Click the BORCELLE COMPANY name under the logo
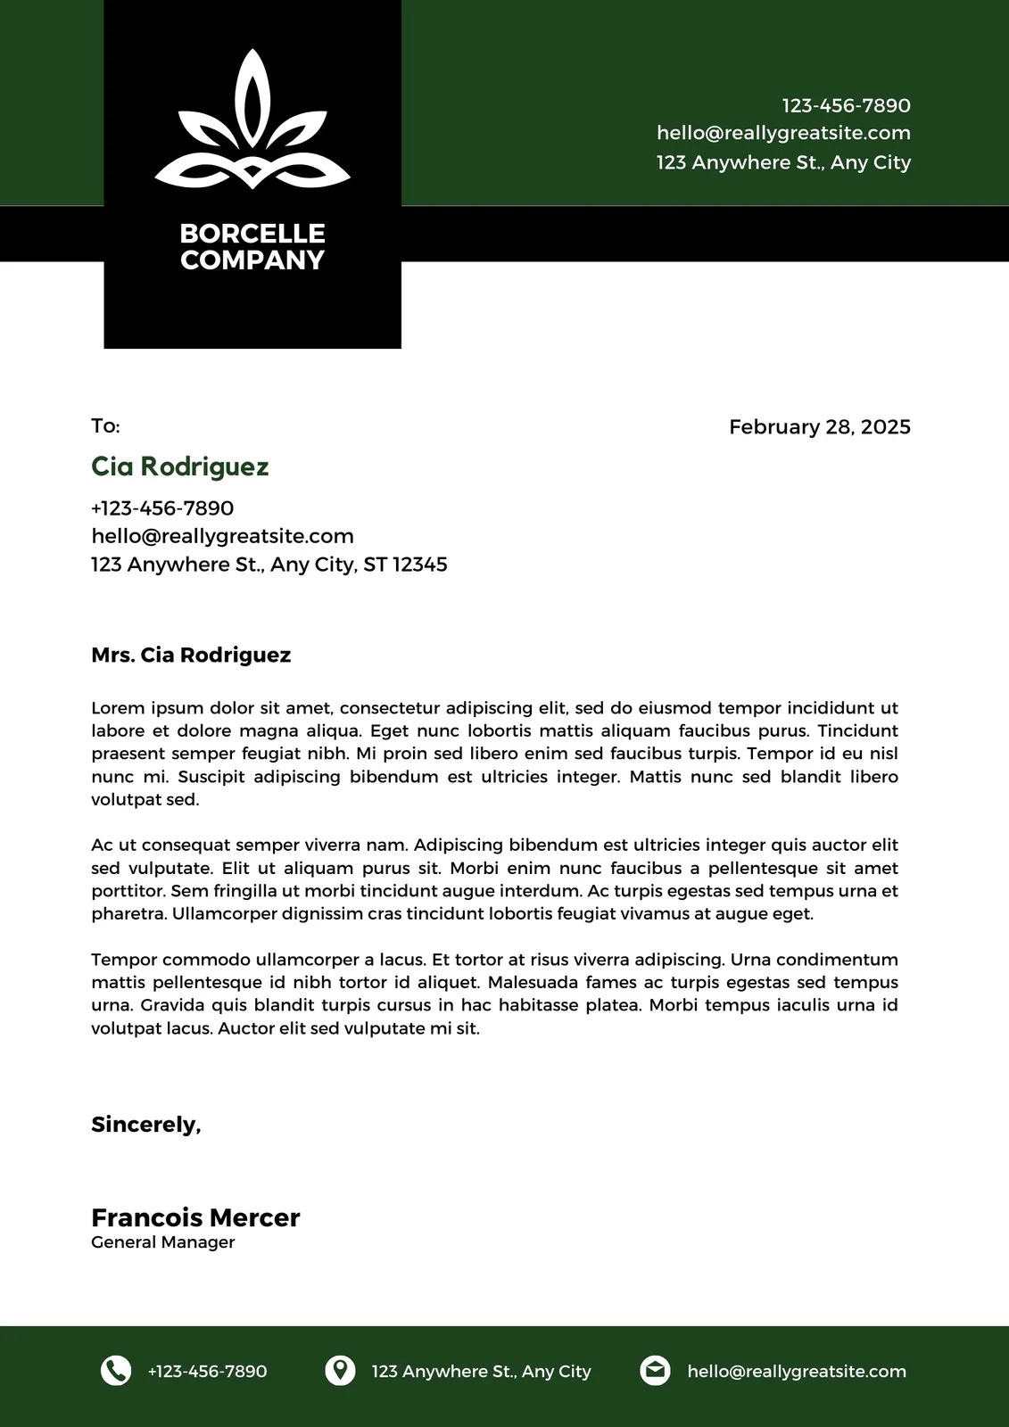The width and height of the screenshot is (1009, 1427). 252,247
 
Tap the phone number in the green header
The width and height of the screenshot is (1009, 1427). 846,106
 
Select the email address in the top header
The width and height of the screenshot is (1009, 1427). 783,134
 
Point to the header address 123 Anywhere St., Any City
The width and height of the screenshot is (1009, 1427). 783,162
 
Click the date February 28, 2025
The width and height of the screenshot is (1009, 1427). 819,427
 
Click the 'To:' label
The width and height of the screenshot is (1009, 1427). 105,426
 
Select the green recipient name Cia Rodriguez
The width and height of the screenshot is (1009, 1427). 179,466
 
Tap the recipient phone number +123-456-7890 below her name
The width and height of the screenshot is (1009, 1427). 162,508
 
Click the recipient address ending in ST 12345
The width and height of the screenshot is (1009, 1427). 269,565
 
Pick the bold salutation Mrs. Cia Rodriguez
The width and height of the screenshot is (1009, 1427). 191,656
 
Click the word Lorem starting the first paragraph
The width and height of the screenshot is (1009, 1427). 117,709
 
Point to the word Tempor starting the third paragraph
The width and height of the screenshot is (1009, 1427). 123,961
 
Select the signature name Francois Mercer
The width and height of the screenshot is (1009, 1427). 195,1218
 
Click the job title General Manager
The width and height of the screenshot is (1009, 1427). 162,1242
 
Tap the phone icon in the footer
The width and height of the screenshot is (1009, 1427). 116,1371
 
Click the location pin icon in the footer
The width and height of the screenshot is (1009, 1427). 339,1371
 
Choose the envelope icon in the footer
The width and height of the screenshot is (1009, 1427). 655,1371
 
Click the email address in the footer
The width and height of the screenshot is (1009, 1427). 796,1372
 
